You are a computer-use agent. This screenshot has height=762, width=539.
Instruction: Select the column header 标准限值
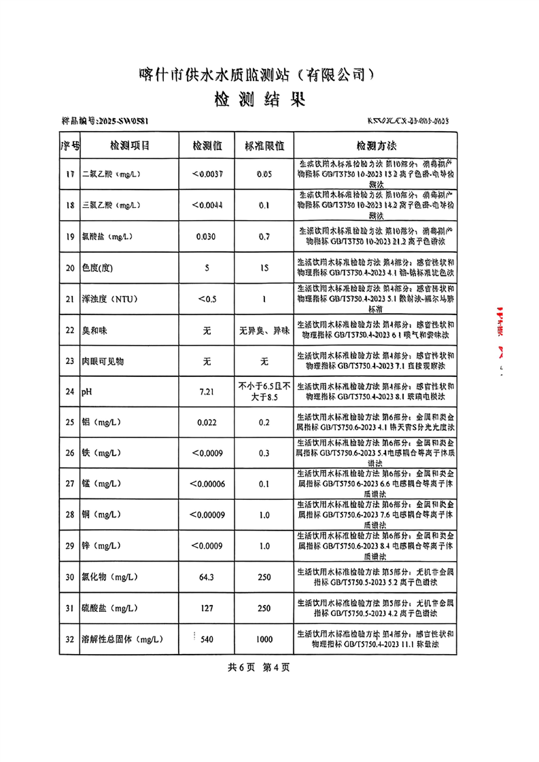click(264, 146)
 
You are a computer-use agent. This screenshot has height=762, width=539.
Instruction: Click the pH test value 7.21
click(207, 392)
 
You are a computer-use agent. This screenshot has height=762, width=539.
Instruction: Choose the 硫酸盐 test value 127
click(207, 608)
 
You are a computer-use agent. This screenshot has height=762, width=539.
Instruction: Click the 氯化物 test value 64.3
click(207, 577)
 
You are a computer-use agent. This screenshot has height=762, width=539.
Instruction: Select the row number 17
click(70, 175)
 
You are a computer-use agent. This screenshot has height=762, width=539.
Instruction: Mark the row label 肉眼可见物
click(103, 361)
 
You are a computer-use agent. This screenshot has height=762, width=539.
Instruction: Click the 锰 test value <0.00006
click(207, 484)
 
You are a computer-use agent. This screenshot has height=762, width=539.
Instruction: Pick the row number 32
click(70, 639)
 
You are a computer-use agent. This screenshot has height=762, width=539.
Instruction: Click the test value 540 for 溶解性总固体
click(207, 639)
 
